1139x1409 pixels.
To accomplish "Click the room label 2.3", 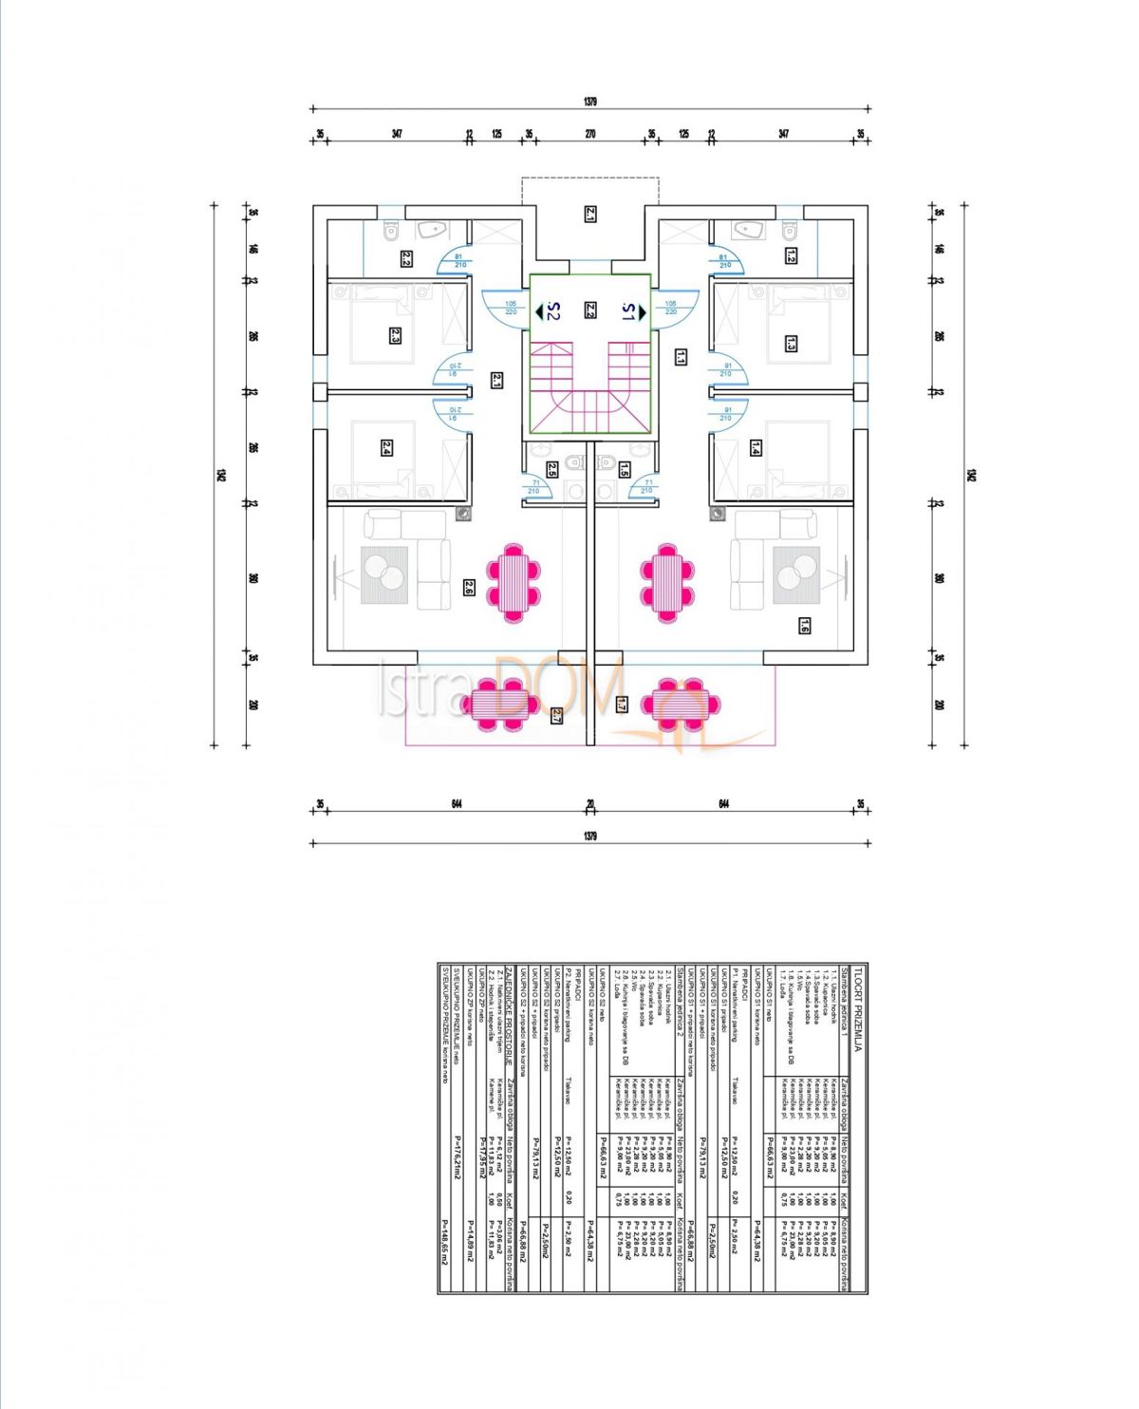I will tap(395, 334).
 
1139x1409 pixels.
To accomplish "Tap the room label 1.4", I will tap(756, 447).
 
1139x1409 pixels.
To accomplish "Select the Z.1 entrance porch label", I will tap(589, 215).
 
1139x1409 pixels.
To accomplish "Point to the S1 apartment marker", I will tap(631, 310).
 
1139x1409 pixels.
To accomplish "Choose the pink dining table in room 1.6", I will tap(670, 582).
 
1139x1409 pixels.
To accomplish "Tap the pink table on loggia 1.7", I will tap(680, 704).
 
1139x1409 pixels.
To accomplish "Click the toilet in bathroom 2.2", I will tap(390, 232).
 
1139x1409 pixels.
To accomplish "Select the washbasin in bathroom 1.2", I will tap(750, 230).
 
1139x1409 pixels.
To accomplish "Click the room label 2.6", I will tap(468, 588).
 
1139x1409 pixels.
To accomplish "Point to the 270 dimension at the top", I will tap(589, 134).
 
